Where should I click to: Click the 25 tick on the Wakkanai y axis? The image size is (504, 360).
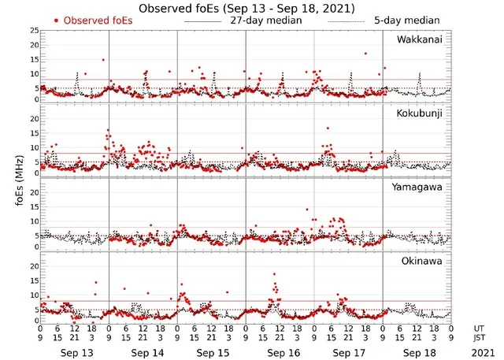point(33,30)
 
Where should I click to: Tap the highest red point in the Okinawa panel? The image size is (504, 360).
point(274,274)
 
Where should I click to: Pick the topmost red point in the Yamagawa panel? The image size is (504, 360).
point(307,210)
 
